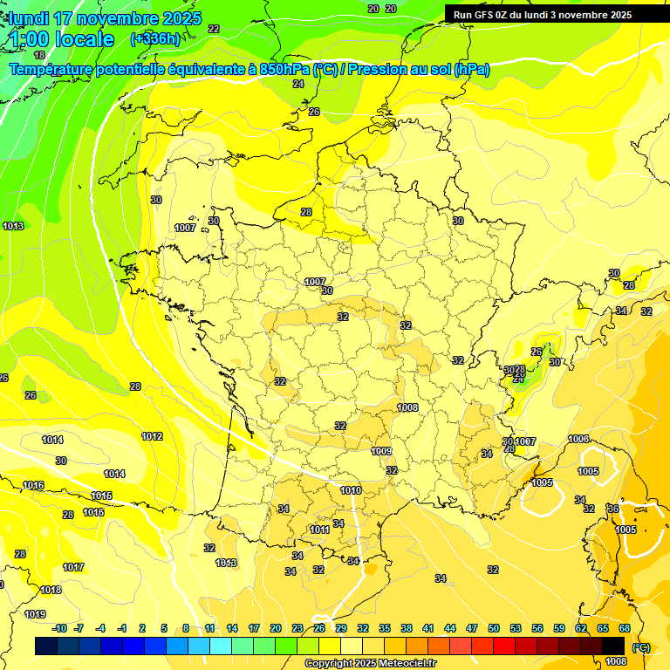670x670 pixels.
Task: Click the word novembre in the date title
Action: click(108, 18)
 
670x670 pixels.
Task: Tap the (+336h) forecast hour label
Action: click(154, 38)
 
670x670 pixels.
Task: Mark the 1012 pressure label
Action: click(152, 436)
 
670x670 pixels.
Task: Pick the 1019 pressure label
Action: click(34, 614)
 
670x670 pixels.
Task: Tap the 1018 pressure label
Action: click(51, 590)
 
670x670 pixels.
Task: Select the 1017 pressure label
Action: click(73, 567)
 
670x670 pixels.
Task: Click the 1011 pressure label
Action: click(319, 530)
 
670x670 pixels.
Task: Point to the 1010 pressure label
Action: click(351, 490)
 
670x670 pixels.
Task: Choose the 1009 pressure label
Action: click(381, 451)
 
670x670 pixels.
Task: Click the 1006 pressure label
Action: click(578, 439)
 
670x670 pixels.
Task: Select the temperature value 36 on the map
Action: click(612, 509)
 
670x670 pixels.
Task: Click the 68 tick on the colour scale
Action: click(625, 628)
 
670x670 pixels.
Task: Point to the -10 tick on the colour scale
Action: click(59, 628)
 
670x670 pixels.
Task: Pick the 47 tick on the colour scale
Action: click(472, 628)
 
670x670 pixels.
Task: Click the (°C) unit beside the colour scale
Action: click(641, 646)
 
